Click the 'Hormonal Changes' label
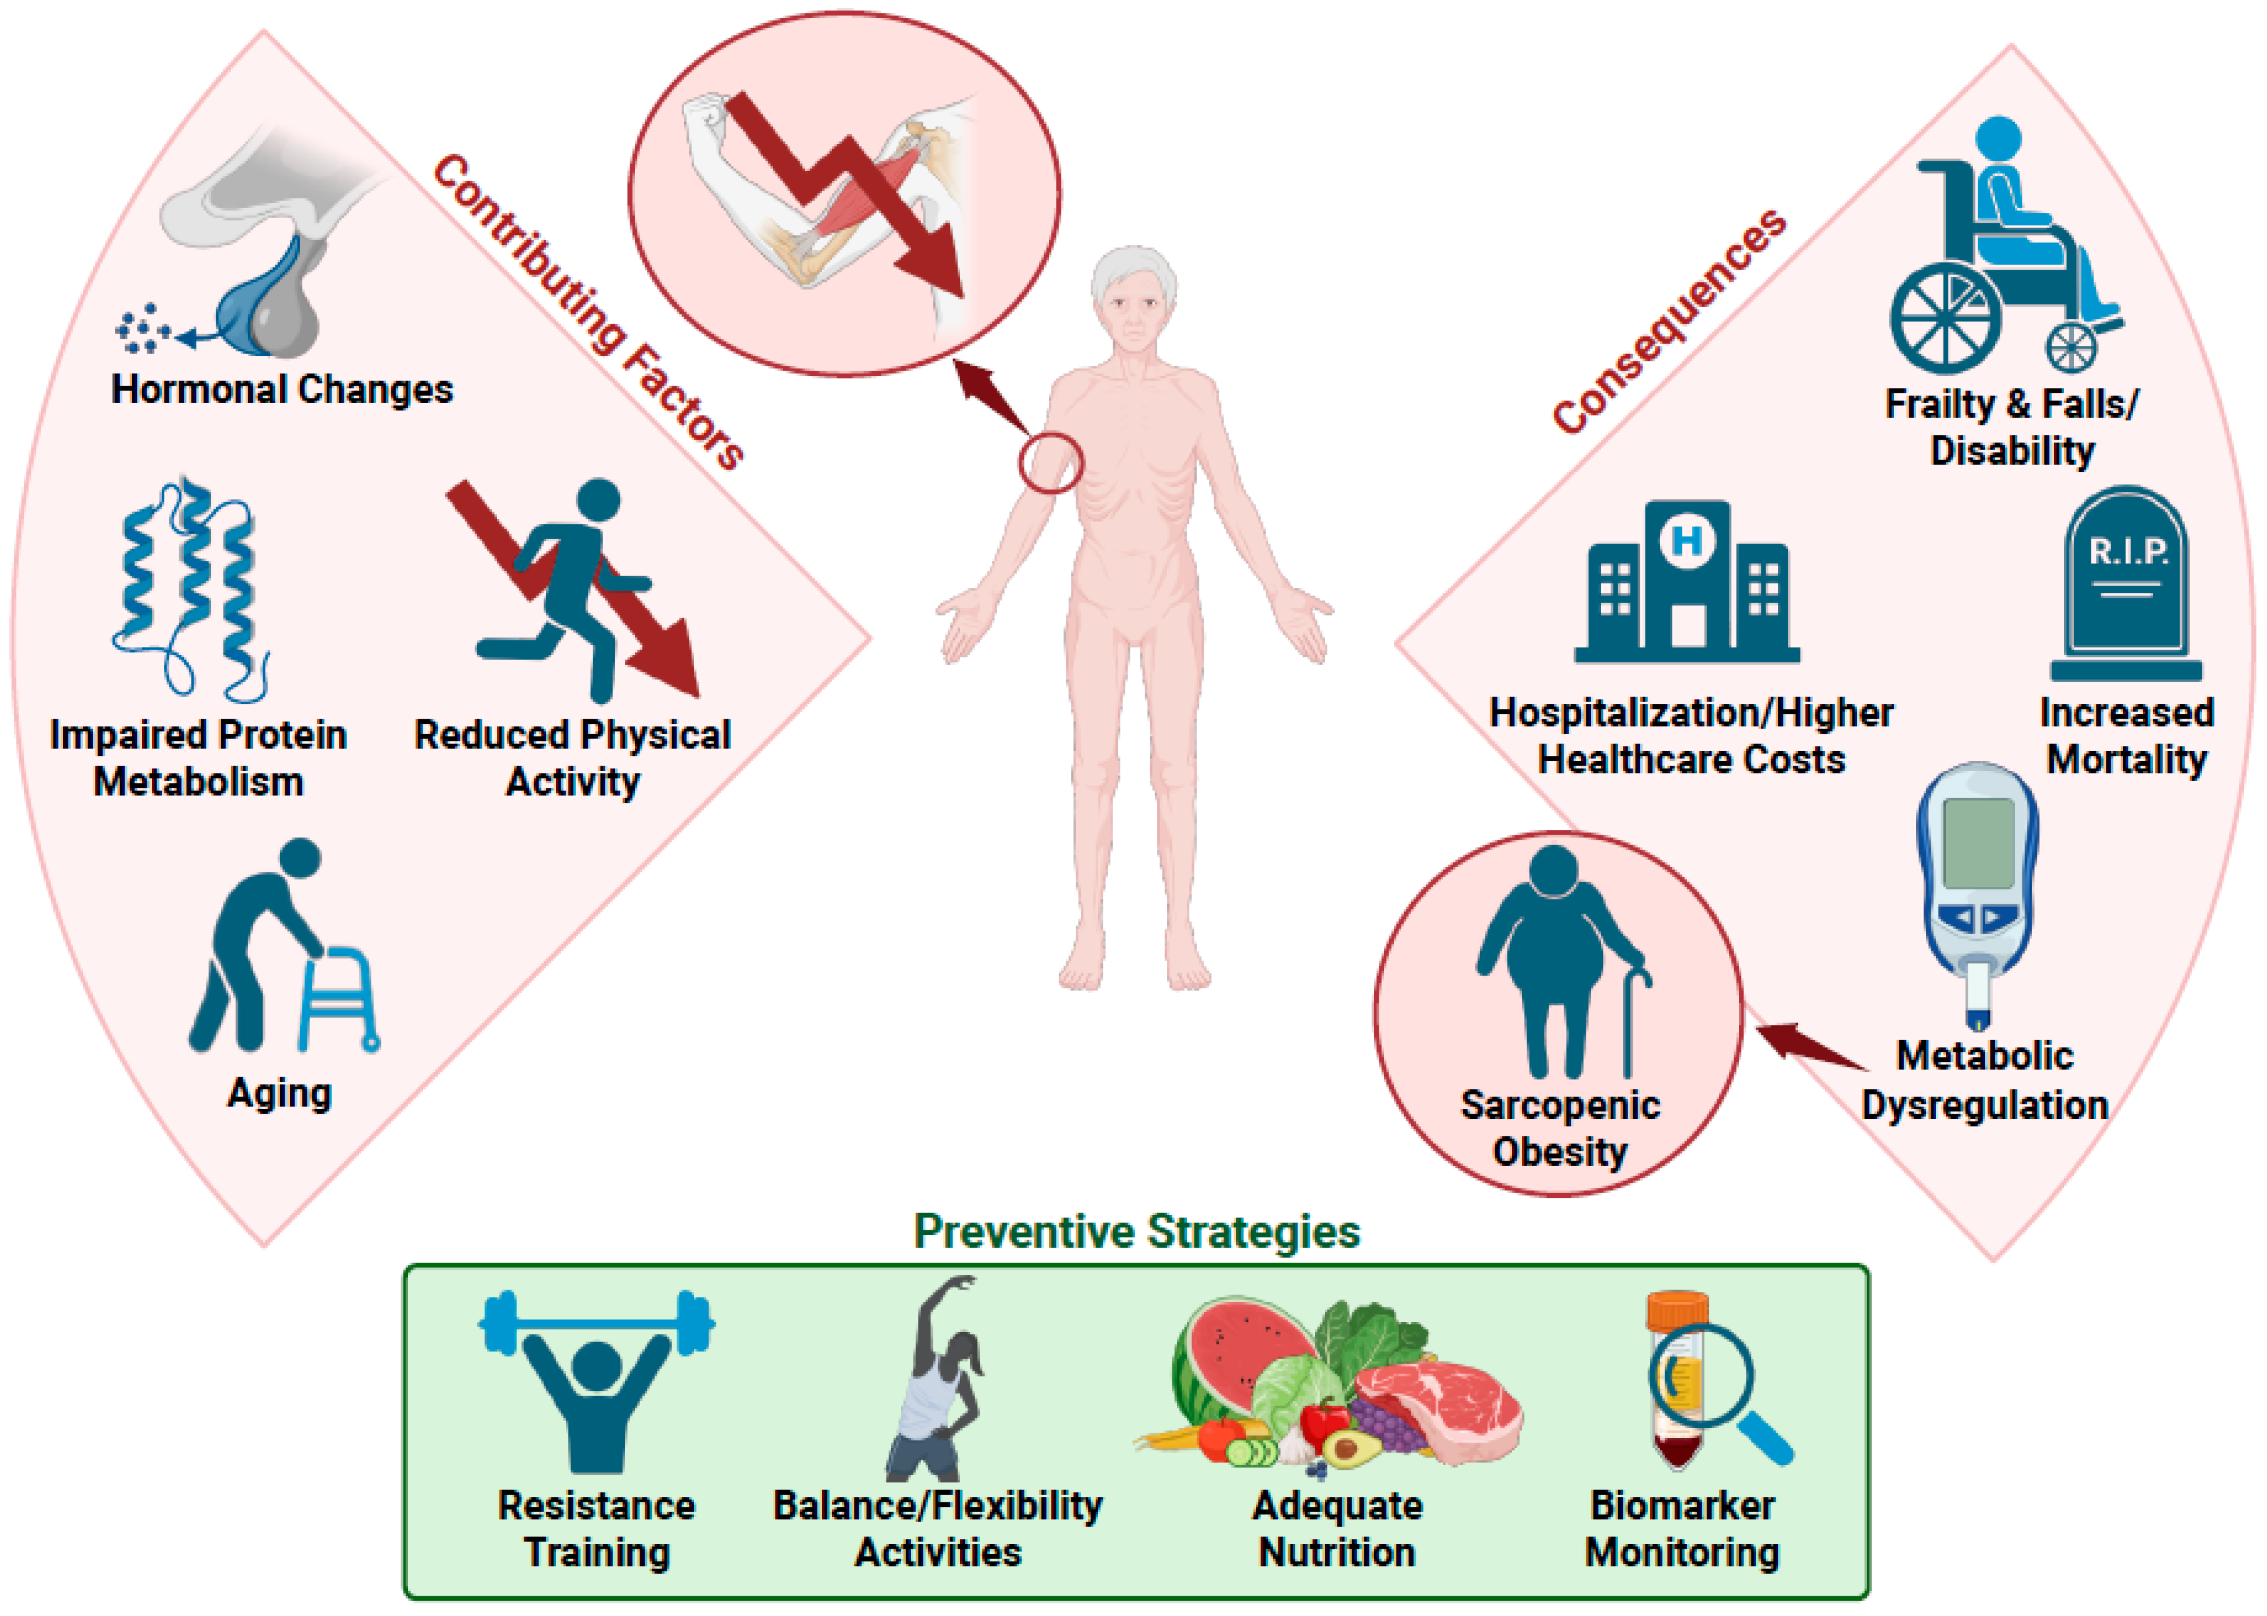(282, 389)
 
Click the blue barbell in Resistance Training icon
(596, 1324)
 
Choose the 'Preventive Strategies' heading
(1136, 1232)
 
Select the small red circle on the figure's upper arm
(1051, 463)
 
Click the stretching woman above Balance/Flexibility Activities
(935, 1383)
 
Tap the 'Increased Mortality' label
(2127, 736)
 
